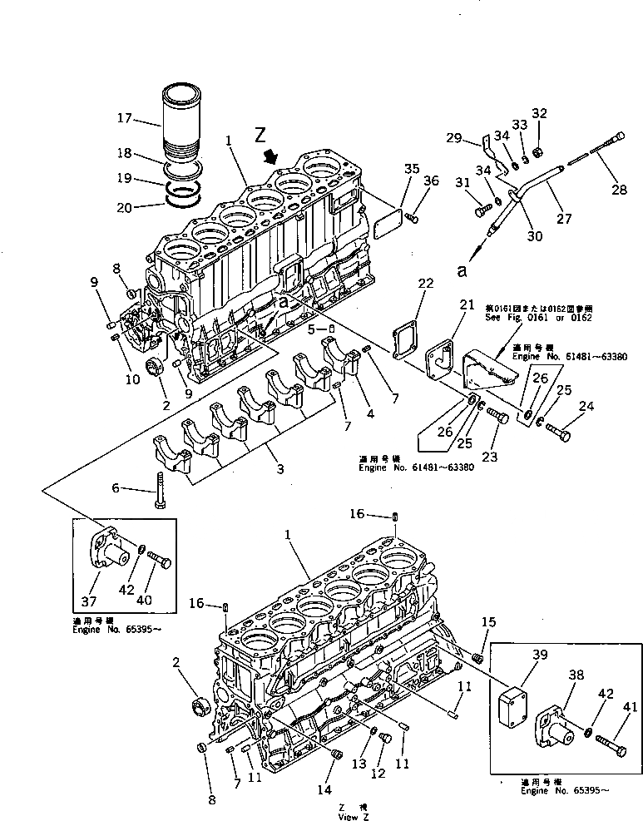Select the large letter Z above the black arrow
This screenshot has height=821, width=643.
point(260,134)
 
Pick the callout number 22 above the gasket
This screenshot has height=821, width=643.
point(425,284)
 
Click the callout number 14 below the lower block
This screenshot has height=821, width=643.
point(324,789)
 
